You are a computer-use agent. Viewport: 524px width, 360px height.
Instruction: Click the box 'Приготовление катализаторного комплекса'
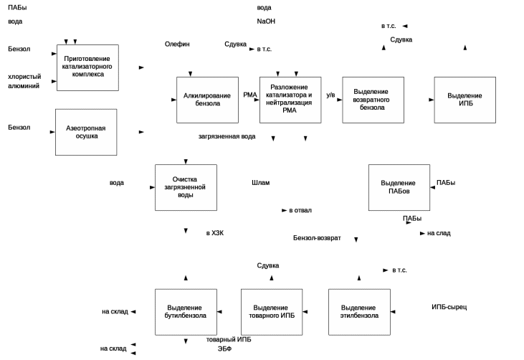tap(87, 67)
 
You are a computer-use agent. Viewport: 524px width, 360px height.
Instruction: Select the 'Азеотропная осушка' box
tap(86, 132)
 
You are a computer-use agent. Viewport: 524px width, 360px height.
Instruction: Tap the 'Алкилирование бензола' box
tap(207, 100)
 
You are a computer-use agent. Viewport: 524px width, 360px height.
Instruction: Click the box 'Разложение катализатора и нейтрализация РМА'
tap(290, 100)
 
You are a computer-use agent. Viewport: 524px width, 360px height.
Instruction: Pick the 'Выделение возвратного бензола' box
tap(373, 100)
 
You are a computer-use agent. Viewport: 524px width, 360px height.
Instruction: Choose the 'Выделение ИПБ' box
tap(465, 100)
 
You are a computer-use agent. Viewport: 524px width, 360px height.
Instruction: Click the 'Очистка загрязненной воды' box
tap(186, 187)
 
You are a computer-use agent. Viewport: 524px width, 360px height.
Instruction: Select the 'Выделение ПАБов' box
tap(399, 187)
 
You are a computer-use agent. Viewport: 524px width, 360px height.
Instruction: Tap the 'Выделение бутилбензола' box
tap(186, 311)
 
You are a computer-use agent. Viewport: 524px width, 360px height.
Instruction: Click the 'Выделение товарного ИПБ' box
tap(272, 311)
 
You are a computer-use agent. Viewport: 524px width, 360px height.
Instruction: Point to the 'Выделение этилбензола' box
tap(359, 311)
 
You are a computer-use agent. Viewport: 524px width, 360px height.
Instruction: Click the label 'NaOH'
tap(266, 22)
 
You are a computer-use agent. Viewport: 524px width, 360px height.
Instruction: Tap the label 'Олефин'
tap(178, 44)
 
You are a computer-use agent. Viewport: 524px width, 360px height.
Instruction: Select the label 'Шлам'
tap(260, 182)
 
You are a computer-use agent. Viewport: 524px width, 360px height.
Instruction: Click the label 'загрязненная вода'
tap(227, 136)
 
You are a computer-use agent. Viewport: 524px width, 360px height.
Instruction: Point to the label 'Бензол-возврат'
tap(317, 237)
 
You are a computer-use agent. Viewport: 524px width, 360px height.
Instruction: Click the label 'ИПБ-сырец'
tap(449, 307)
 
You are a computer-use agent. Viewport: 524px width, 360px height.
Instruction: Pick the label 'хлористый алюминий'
tap(24, 80)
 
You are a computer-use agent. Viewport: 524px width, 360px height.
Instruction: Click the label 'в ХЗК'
tap(215, 233)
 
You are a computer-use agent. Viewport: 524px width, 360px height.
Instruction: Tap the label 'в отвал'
tap(300, 211)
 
